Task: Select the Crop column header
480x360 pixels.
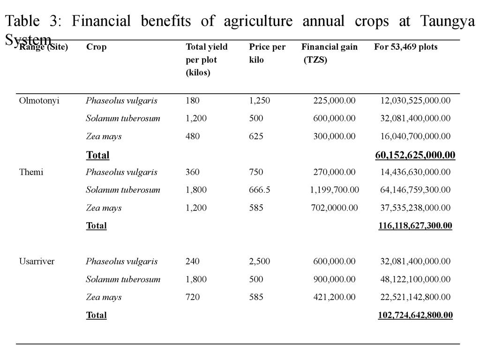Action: pos(96,47)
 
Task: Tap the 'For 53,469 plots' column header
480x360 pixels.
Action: pos(405,47)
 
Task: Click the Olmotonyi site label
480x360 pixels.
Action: pos(39,100)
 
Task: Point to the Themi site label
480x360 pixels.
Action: pos(31,172)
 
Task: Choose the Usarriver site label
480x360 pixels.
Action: pos(37,261)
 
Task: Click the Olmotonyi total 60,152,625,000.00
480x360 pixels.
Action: pos(415,155)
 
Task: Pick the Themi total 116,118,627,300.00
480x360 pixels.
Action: pos(415,225)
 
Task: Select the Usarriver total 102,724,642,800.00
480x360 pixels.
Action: pos(415,315)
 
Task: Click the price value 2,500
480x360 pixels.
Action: pos(259,261)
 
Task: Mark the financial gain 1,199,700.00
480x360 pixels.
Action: pos(334,190)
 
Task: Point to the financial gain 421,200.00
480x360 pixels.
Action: pos(334,297)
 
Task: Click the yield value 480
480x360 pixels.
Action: pos(192,136)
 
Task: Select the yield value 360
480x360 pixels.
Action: pos(192,172)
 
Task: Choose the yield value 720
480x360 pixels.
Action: pos(192,297)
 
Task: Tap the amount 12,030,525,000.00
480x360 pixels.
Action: pos(415,100)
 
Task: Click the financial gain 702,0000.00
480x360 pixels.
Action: pos(334,208)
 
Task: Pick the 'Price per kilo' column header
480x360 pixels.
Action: pos(267,53)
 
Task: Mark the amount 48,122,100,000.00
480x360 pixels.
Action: pos(415,279)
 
